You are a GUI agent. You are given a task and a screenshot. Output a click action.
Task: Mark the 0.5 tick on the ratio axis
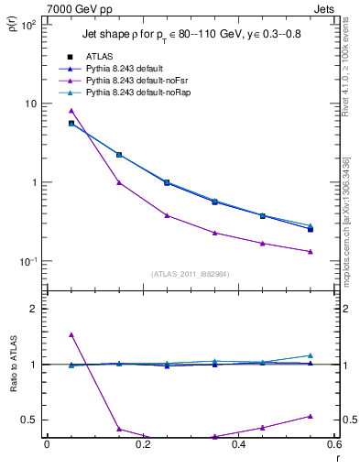click(29, 420)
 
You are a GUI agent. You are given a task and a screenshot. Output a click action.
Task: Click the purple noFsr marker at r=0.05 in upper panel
click(71, 111)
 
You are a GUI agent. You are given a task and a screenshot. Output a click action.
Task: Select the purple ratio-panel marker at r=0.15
click(119, 429)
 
